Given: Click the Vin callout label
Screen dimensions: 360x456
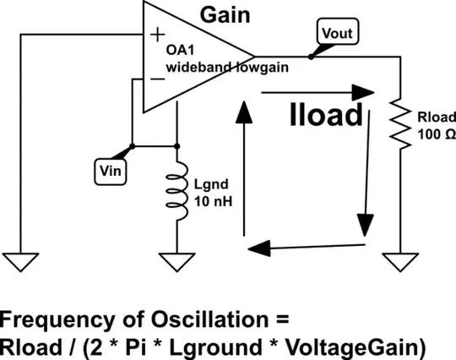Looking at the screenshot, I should (x=108, y=170).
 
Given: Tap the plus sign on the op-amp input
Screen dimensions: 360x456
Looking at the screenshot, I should (x=156, y=35).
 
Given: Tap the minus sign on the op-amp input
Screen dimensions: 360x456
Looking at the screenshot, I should (x=156, y=79).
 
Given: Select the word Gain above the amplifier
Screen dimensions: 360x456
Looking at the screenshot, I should (x=223, y=14).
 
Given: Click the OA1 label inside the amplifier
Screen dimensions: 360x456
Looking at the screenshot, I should (x=178, y=49).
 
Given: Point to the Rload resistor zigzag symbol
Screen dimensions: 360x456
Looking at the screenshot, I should (x=399, y=123).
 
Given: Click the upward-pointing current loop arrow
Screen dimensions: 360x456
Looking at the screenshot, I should (x=244, y=169).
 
